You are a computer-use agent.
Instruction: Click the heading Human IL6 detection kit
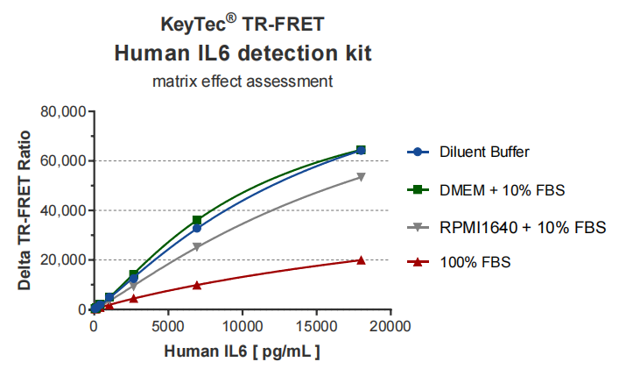pos(243,53)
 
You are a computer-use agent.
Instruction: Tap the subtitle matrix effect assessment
pos(242,82)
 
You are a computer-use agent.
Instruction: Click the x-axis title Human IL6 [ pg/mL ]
pos(242,352)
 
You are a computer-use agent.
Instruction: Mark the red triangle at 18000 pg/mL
pos(361,259)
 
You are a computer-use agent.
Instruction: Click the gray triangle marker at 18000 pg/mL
pos(361,177)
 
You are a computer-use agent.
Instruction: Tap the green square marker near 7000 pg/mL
pos(198,220)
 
